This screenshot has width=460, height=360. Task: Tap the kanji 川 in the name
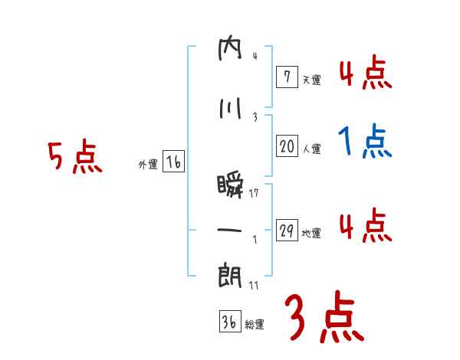click(230, 109)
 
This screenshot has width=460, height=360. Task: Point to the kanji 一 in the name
click(230, 230)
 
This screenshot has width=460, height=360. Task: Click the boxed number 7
click(287, 76)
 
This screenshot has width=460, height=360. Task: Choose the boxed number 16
click(172, 162)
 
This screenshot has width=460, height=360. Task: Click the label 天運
click(311, 79)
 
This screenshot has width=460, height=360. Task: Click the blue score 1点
click(364, 142)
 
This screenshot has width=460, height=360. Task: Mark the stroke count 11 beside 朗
click(254, 285)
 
